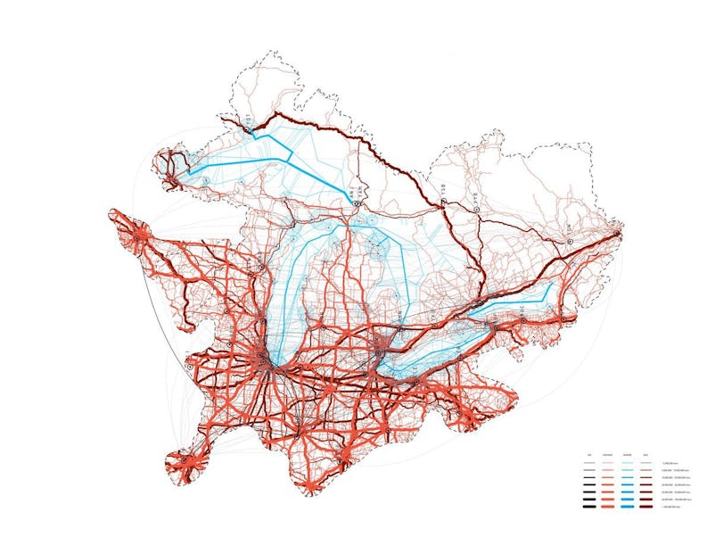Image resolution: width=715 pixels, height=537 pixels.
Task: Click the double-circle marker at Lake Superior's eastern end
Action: click(356, 204)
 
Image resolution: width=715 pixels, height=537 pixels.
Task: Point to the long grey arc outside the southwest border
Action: click(169, 312)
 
